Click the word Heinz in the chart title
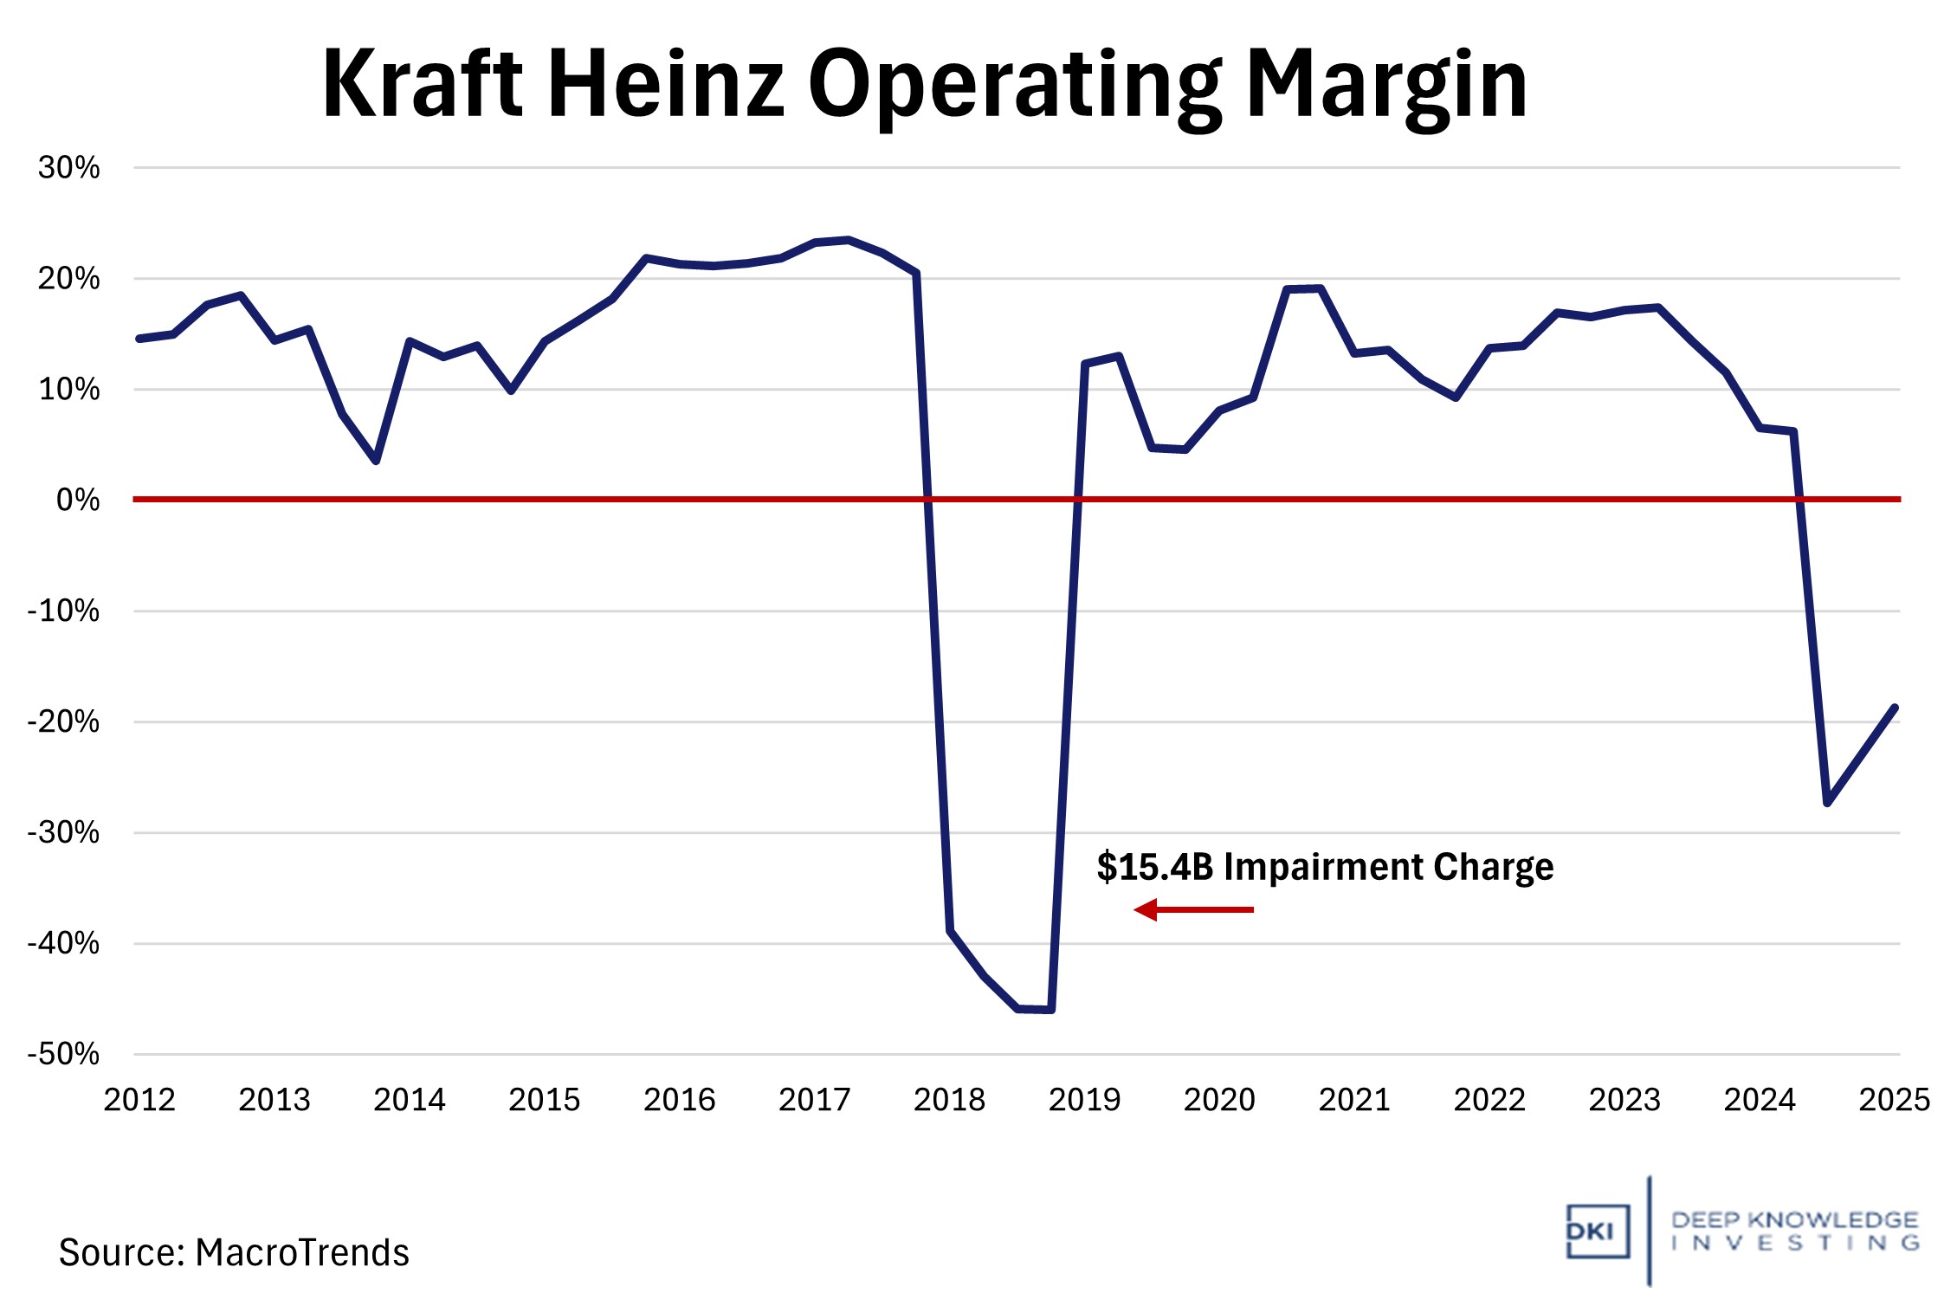coord(666,84)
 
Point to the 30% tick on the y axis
coord(68,167)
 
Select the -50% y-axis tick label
coord(63,1054)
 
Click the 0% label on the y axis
coord(77,500)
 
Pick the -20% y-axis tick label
coord(63,721)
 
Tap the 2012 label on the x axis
coord(139,1099)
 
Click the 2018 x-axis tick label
coord(949,1099)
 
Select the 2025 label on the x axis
coord(1894,1099)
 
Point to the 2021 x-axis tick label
coord(1354,1099)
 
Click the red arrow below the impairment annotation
coord(1193,909)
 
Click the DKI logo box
coord(1597,1231)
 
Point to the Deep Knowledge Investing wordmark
coord(1794,1231)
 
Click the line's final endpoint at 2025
coord(1896,708)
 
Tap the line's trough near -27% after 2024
coord(1827,803)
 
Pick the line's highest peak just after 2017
coord(848,240)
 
